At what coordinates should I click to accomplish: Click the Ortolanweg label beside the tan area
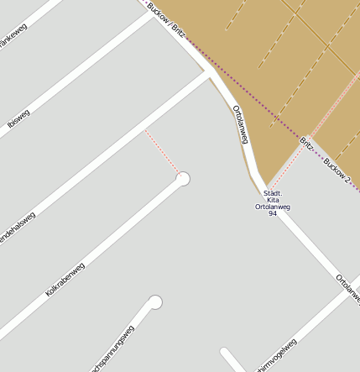coord(241,127)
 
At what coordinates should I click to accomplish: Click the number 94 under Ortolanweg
coord(273,214)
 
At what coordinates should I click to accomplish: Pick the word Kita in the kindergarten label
coord(273,200)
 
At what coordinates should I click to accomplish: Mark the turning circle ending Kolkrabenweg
coord(183,179)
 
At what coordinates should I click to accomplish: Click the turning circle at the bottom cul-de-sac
coord(155,302)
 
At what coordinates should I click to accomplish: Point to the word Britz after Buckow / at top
coord(177,31)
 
